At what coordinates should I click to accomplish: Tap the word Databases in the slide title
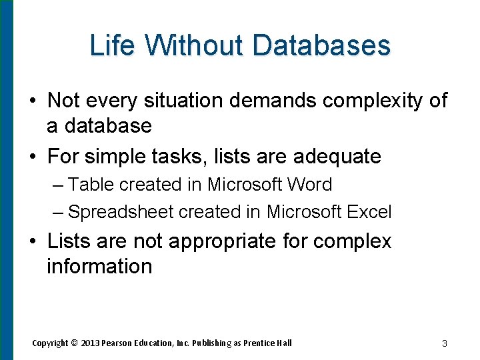tap(321, 45)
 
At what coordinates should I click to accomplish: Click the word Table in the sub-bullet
tap(90, 185)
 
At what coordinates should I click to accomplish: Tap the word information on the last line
tap(99, 266)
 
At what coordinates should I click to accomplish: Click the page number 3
tap(444, 344)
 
